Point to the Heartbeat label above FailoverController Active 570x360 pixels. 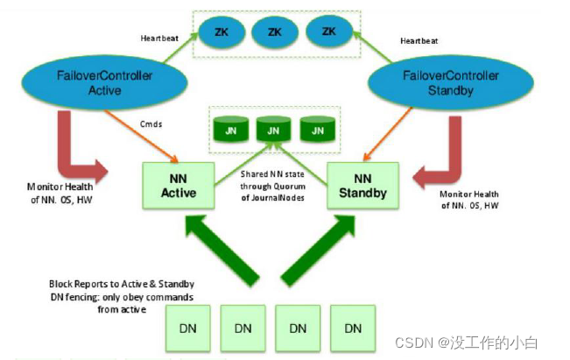point(160,39)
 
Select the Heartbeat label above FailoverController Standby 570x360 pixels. point(419,40)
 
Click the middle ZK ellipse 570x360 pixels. point(275,32)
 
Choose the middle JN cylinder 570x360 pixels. point(272,131)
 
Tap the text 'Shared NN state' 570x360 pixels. point(272,174)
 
